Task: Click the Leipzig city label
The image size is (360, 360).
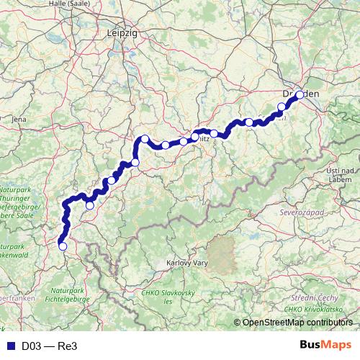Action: [121, 32]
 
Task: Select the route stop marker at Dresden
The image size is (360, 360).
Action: [300, 95]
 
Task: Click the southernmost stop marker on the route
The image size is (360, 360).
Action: [63, 246]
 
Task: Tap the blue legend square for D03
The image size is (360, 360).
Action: [9, 346]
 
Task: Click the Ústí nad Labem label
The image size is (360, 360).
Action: [338, 174]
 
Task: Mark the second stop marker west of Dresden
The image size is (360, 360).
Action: [249, 122]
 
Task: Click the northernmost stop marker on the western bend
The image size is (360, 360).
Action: [145, 139]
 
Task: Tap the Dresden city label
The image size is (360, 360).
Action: [301, 94]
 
